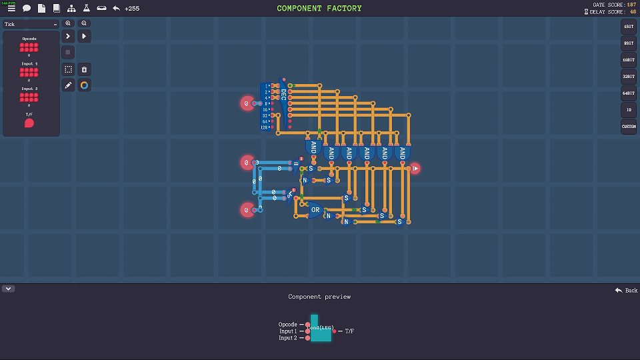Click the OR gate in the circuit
tap(315, 210)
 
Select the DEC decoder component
tap(283, 105)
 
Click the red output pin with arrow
tap(415, 169)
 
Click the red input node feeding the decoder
tap(247, 103)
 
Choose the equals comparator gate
tap(296, 165)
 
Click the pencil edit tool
tap(68, 85)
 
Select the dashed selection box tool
tap(68, 69)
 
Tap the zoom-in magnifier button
tap(68, 23)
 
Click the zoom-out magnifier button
tap(84, 23)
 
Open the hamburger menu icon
tap(11, 9)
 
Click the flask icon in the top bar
tap(86, 9)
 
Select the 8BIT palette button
tap(629, 43)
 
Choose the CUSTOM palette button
tap(629, 127)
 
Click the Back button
tap(627, 290)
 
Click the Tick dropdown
tap(31, 24)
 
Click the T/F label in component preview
tap(349, 331)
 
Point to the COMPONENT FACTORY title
tap(319, 9)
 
